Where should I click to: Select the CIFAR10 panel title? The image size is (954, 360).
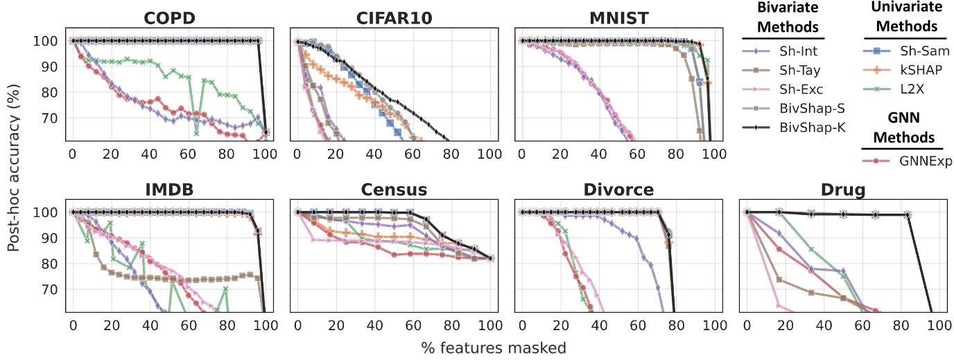point(392,17)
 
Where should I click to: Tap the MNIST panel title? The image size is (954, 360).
point(617,17)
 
